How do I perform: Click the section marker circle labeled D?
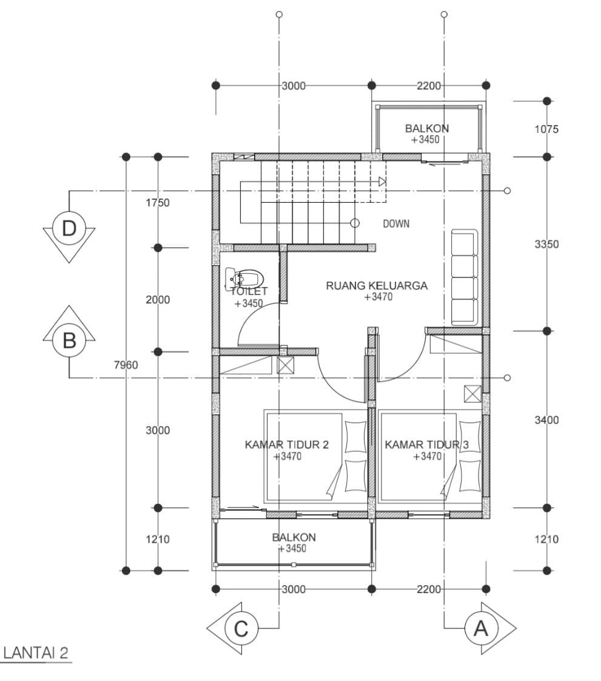pyautogui.click(x=69, y=228)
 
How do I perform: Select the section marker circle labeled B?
pyautogui.click(x=69, y=340)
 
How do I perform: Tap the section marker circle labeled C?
pyautogui.click(x=241, y=628)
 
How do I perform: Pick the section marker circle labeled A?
pyautogui.click(x=482, y=628)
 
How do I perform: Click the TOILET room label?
pyautogui.click(x=249, y=291)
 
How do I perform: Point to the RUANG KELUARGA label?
pyautogui.click(x=377, y=286)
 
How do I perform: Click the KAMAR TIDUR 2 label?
pyautogui.click(x=287, y=445)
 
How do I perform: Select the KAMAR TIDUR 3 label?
pyautogui.click(x=426, y=445)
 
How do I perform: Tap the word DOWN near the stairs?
pyautogui.click(x=396, y=224)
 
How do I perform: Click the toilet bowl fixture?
pyautogui.click(x=244, y=279)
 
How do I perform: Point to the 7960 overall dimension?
pyautogui.click(x=126, y=365)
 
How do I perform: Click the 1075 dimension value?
pyautogui.click(x=546, y=129)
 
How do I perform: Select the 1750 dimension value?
pyautogui.click(x=158, y=202)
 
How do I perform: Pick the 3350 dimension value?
pyautogui.click(x=546, y=244)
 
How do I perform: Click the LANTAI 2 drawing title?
pyautogui.click(x=36, y=653)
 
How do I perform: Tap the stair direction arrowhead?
pyautogui.click(x=382, y=181)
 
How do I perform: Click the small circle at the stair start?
pyautogui.click(x=355, y=223)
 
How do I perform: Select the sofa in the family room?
pyautogui.click(x=465, y=277)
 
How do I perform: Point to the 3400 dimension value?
pyautogui.click(x=546, y=420)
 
